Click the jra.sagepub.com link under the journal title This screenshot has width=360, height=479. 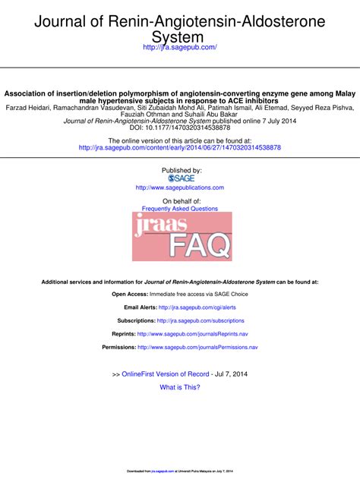pyautogui.click(x=180, y=47)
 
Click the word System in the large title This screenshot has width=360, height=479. pyautogui.click(x=179, y=36)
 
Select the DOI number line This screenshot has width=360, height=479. pyautogui.click(x=180, y=128)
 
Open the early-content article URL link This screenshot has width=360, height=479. pyautogui.click(x=180, y=147)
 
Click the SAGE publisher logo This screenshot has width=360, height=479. pyautogui.click(x=180, y=178)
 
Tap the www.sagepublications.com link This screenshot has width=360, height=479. pyautogui.click(x=180, y=188)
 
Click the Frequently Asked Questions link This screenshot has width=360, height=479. pyautogui.click(x=180, y=209)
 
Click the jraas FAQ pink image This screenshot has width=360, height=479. pyautogui.click(x=182, y=236)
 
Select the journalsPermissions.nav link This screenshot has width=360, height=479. pyautogui.click(x=197, y=348)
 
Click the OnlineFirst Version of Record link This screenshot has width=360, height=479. pyautogui.click(x=165, y=374)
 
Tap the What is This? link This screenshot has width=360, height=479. pyautogui.click(x=180, y=387)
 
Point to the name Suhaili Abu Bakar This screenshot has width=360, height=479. pyautogui.click(x=212, y=115)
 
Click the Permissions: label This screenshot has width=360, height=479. pyautogui.click(x=118, y=348)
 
